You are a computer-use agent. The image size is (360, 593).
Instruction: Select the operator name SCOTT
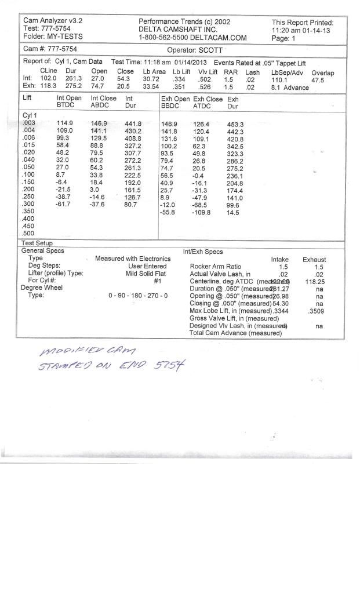tap(216, 50)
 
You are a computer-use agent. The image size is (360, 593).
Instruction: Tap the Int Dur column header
tap(133, 102)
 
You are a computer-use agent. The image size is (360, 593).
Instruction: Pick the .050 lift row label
tap(28, 166)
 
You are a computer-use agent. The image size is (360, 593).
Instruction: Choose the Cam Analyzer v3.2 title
tap(53, 20)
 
